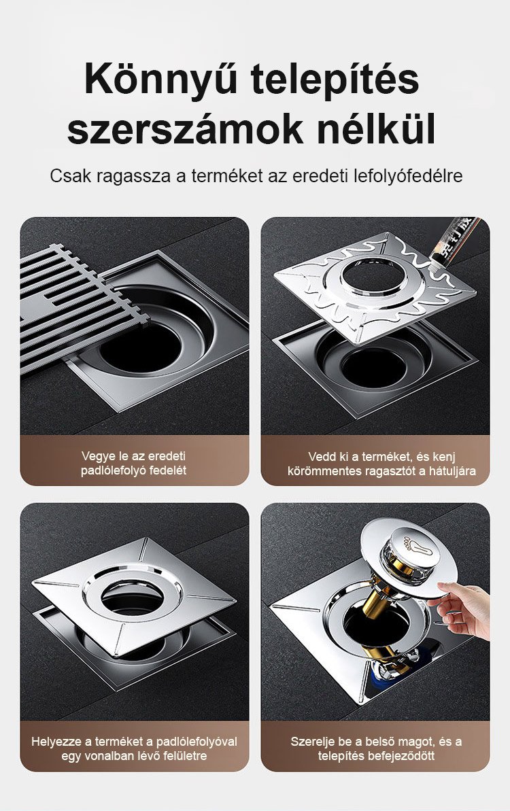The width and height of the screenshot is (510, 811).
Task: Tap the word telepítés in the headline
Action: tap(335, 80)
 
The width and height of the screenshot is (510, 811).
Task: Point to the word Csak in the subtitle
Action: tap(70, 176)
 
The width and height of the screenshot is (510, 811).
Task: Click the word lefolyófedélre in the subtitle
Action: tap(408, 176)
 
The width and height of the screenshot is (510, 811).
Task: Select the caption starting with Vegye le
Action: tap(133, 463)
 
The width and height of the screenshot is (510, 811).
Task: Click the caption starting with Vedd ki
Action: tap(381, 464)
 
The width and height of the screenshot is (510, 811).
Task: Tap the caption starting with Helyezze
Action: tap(134, 748)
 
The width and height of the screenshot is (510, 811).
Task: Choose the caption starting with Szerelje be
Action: tap(376, 748)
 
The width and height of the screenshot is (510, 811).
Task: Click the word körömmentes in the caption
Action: tap(320, 471)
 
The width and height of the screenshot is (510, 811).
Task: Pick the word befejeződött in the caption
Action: tap(401, 756)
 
